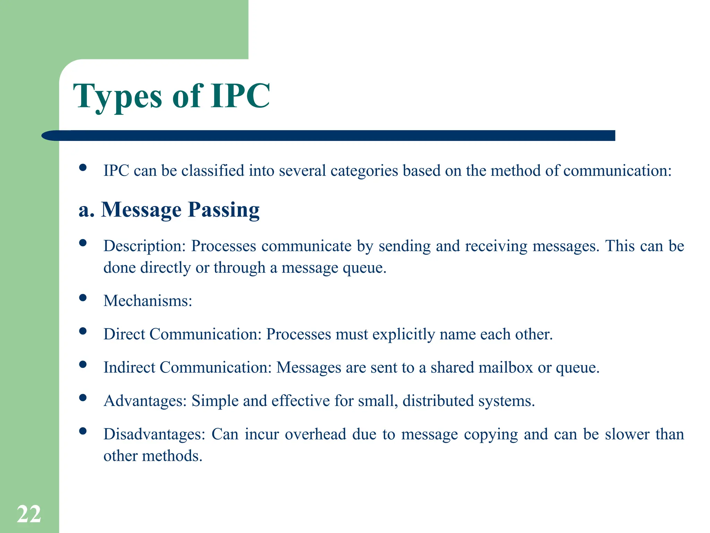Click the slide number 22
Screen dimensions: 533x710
(x=29, y=514)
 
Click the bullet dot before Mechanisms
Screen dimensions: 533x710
(x=83, y=298)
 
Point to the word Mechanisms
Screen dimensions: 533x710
(x=147, y=301)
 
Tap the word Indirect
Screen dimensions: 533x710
(x=129, y=367)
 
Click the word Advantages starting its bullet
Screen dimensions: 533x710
(x=145, y=401)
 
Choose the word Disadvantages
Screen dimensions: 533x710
(x=154, y=434)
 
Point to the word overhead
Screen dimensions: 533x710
(x=315, y=434)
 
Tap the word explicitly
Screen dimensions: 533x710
(x=404, y=334)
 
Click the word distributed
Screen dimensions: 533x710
(x=438, y=401)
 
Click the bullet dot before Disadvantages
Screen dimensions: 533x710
(x=83, y=431)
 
